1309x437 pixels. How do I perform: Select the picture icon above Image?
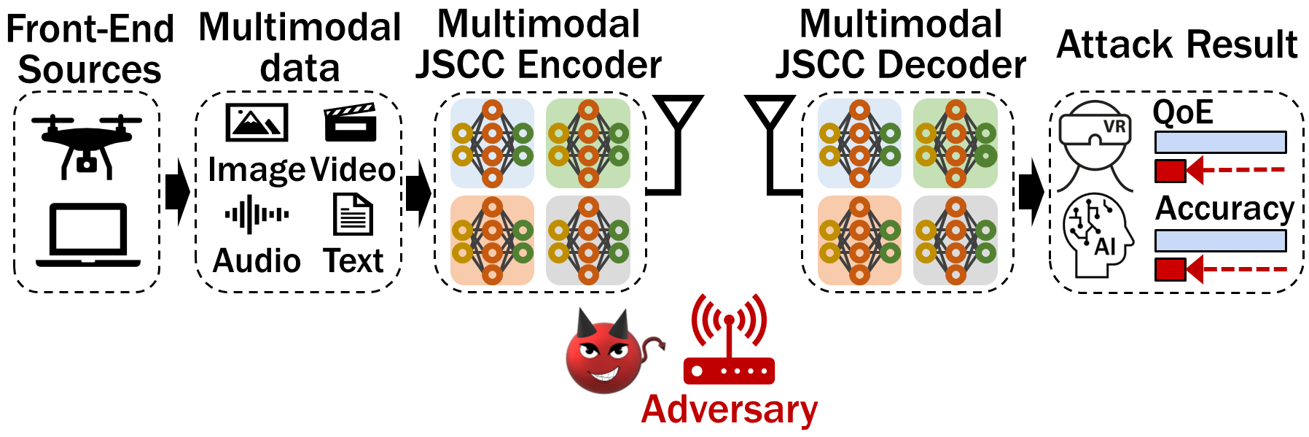coord(257,123)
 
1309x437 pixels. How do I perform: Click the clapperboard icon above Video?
coord(350,122)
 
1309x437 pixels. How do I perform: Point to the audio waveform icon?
coord(257,214)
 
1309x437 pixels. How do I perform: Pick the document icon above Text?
coord(353,214)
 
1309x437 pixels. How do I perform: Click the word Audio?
coord(257,261)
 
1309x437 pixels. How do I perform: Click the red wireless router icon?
coord(729,343)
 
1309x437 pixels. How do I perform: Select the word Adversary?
coord(729,409)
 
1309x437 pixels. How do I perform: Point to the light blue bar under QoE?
coord(1220,142)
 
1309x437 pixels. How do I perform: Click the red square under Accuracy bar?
coord(1171,269)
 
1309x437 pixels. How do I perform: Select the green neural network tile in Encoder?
coord(588,144)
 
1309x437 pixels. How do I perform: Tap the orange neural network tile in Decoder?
coord(859,240)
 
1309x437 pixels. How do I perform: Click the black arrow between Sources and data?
coord(177,193)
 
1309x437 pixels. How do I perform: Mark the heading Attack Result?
coord(1176,45)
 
